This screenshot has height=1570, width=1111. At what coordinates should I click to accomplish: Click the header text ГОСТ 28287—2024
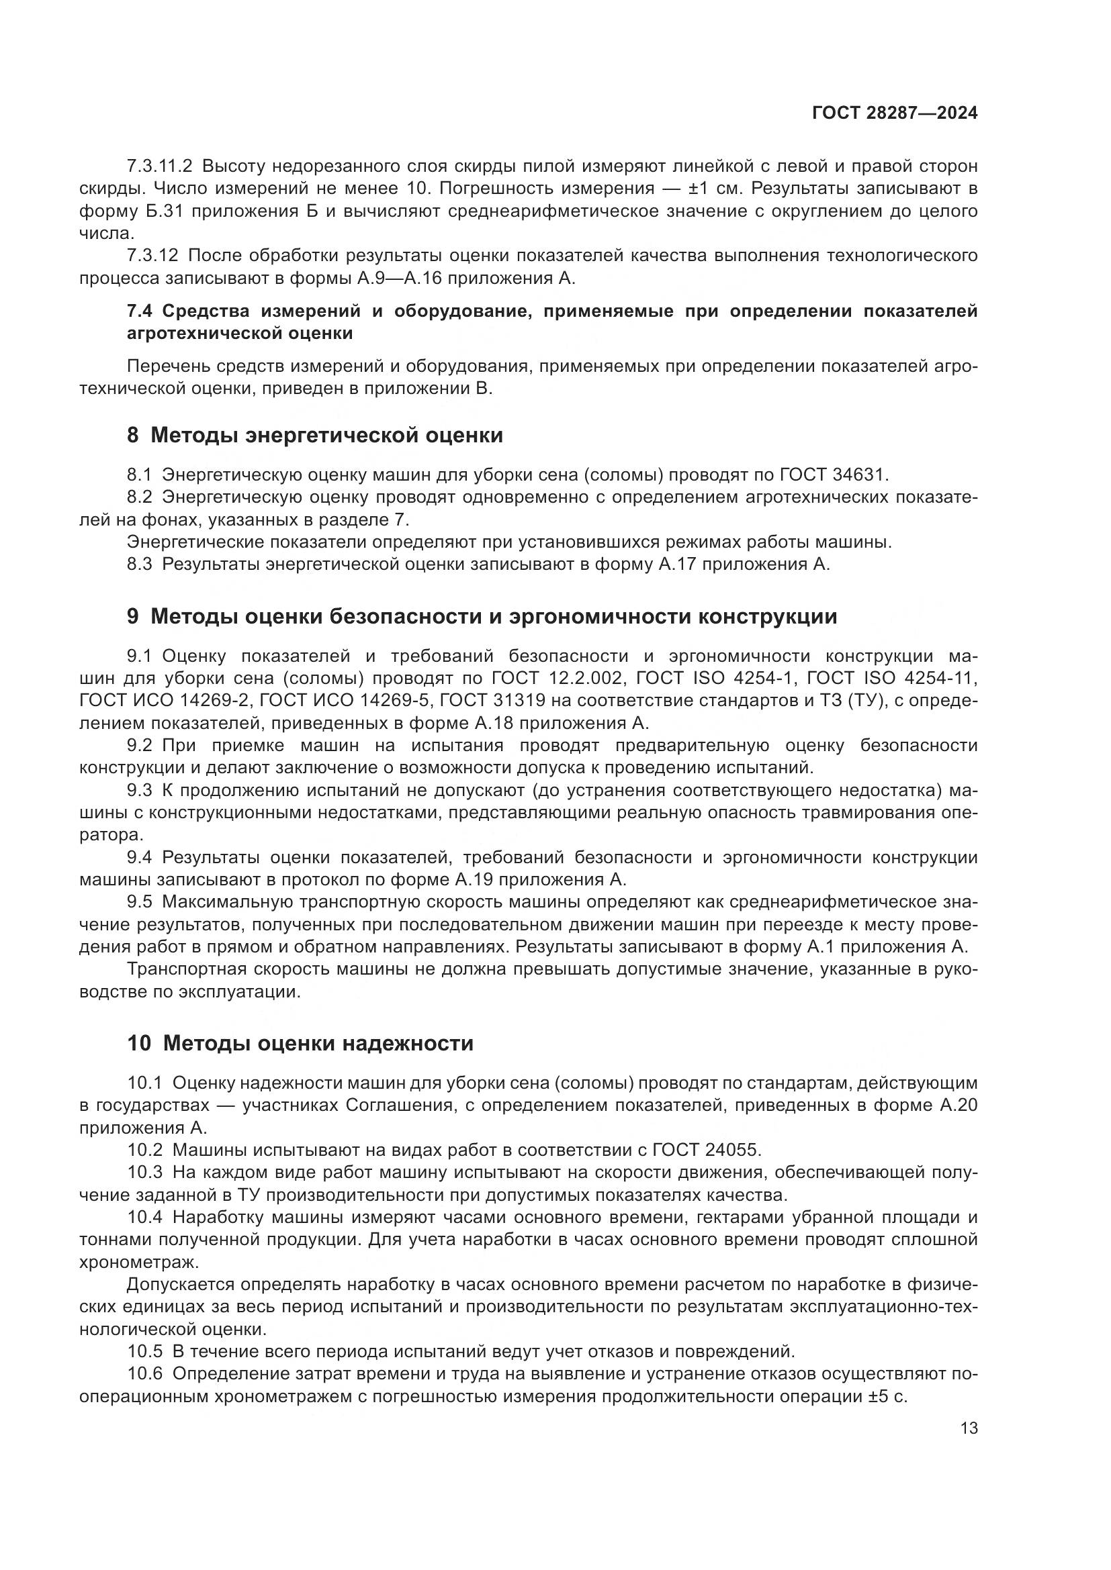tap(894, 113)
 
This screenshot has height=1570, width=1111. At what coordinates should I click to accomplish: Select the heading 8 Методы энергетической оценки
tap(314, 436)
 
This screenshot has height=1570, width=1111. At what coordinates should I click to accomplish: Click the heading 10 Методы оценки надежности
tap(300, 1044)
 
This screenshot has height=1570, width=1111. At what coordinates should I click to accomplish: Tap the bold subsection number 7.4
tap(141, 312)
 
